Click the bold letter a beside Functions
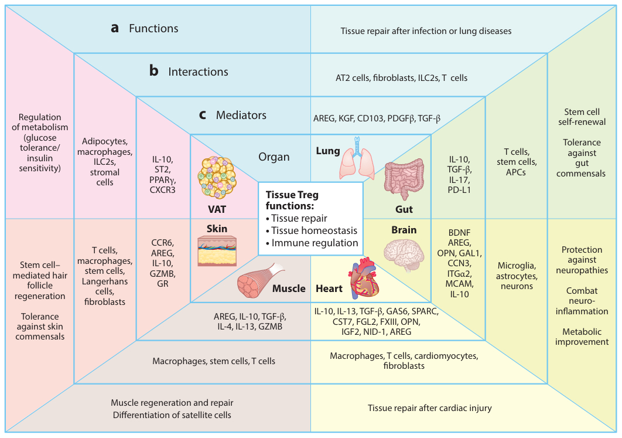point(115,28)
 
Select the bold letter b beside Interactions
point(154,72)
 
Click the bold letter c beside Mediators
point(202,115)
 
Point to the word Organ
point(274,157)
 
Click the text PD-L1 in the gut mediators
point(460,190)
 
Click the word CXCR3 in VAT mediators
point(163,190)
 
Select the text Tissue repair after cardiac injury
point(429,408)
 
